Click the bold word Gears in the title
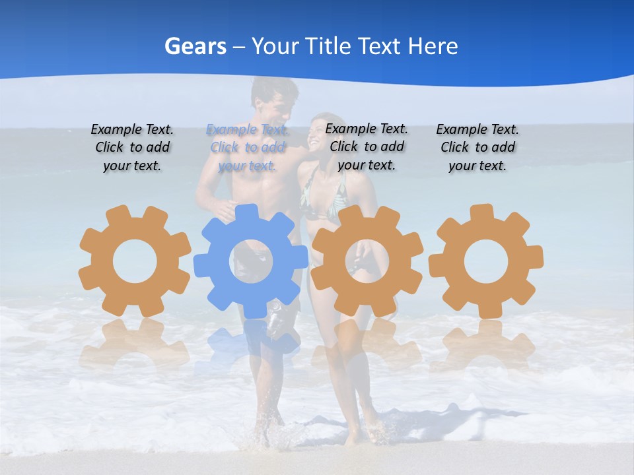(x=195, y=46)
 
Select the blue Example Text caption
(x=247, y=147)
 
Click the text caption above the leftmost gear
(x=132, y=147)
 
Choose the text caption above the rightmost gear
(x=477, y=147)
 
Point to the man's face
(x=273, y=102)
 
